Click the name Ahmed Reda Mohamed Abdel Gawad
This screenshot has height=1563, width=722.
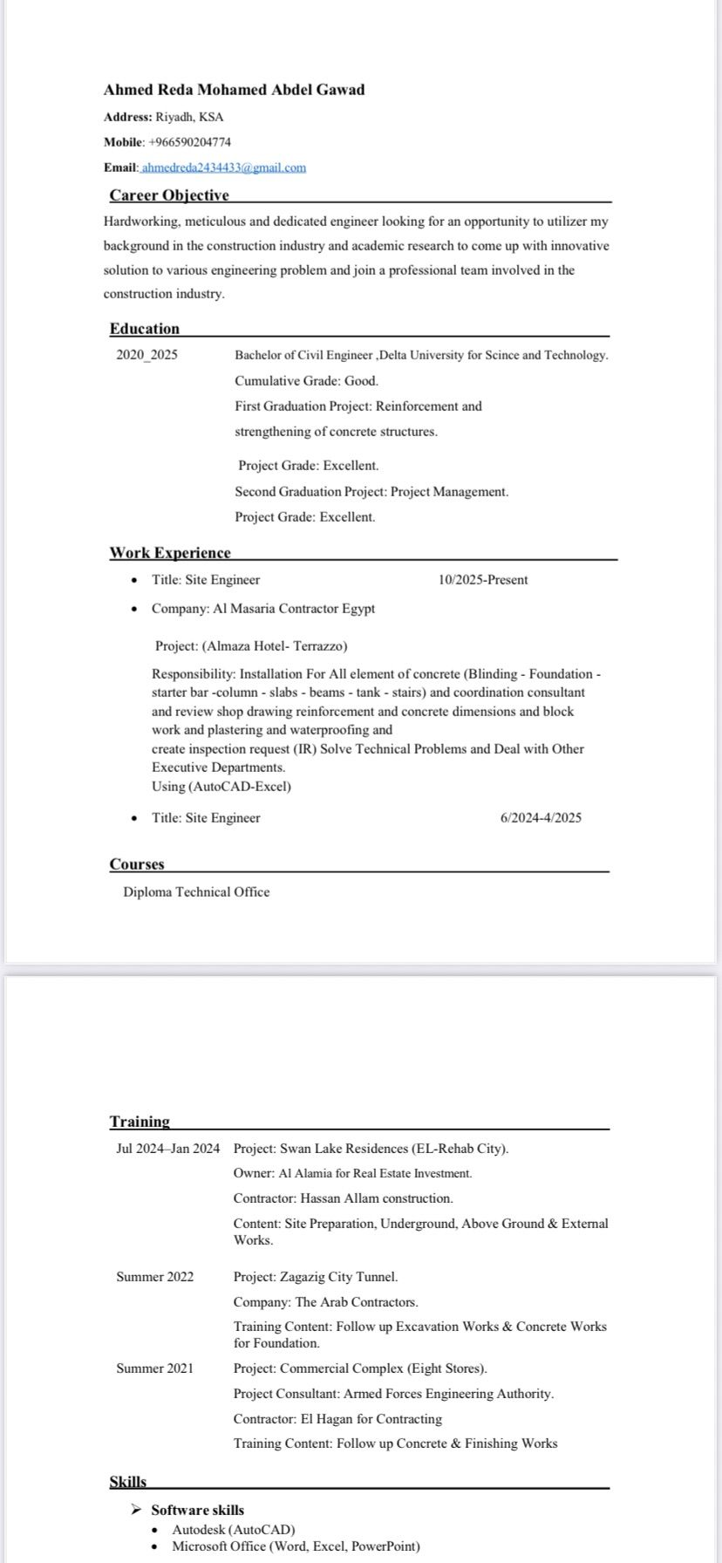coord(234,90)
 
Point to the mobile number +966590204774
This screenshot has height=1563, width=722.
coord(189,142)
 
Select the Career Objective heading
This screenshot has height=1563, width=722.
coord(169,195)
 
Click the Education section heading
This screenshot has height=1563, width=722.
coord(145,329)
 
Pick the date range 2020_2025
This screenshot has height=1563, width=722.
coord(146,355)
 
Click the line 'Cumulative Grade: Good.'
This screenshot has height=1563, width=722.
coord(306,380)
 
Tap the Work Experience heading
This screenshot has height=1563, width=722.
coord(170,553)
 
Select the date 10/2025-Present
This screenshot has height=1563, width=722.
coord(483,580)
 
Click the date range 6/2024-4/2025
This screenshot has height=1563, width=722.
coord(541,818)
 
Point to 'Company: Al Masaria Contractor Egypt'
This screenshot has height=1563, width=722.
coord(263,609)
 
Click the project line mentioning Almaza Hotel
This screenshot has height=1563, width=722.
coord(251,646)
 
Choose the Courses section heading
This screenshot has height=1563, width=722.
coord(137,864)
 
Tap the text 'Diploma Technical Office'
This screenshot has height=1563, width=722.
coord(196,892)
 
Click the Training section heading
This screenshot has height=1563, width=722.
coord(140,1122)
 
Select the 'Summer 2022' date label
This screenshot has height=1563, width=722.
coord(155,1277)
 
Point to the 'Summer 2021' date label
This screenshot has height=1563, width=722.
coord(155,1368)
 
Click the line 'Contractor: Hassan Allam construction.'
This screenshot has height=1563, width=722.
coord(343,1198)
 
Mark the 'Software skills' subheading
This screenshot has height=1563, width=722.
coord(197,1510)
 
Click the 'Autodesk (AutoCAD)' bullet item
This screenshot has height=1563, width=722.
coord(234,1530)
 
